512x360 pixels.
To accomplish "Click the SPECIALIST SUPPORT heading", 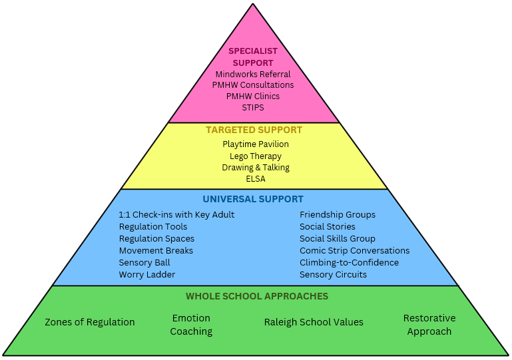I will point(253,57).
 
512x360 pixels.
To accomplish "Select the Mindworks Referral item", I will point(253,74).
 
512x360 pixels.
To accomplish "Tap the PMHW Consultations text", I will point(253,85).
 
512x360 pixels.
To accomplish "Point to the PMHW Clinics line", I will point(253,96).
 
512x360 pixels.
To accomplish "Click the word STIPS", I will point(253,107).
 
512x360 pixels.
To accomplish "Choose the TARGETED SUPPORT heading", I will point(254,130).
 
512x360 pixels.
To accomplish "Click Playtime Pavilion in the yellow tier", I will point(256,144).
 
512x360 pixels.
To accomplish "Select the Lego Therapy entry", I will point(256,156).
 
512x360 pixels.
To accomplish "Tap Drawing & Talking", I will point(256,168).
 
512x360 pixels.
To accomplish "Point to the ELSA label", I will point(256,179).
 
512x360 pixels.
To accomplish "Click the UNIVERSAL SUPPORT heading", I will point(253,199).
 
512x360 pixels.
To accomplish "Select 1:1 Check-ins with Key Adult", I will point(176,215).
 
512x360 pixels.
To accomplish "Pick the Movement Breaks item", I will point(156,251).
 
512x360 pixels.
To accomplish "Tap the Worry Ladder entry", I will point(147,275).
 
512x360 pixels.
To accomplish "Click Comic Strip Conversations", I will point(354,251).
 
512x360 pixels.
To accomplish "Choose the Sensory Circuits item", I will point(333,275).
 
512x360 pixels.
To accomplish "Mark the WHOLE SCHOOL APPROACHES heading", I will point(257,296).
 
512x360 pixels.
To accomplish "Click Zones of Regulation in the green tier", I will point(90,323).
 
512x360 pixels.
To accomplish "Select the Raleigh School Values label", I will point(314,323).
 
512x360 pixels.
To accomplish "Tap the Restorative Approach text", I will point(429,325).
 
